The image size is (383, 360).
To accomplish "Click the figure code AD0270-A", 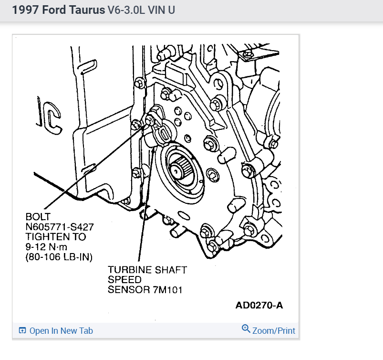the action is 259,305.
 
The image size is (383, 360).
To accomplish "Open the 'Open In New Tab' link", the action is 61,331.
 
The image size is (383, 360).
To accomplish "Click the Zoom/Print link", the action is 273,330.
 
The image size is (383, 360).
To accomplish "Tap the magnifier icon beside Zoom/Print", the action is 246,329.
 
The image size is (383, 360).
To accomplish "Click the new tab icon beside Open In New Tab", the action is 22,331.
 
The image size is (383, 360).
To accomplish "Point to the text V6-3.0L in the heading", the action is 126,10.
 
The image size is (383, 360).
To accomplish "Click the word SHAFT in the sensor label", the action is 170,270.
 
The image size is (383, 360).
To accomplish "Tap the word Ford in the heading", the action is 52,10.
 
